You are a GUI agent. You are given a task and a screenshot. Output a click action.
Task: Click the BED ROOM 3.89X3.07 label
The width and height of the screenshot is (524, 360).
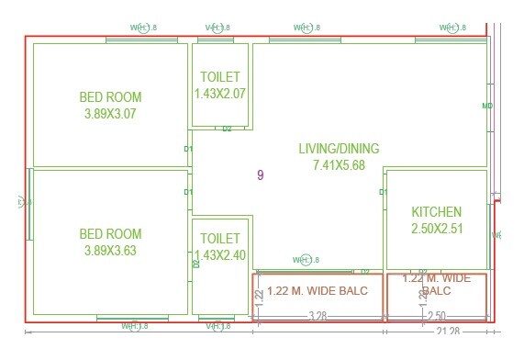point(109,106)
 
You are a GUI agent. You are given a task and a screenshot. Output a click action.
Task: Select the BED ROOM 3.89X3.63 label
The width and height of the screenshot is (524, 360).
point(109,242)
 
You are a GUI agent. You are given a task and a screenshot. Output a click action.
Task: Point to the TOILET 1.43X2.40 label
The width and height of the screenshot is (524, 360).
point(220,247)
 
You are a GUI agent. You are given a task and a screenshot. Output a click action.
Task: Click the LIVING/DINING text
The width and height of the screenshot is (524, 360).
point(339,149)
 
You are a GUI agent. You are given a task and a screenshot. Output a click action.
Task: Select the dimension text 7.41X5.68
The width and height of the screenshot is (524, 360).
point(340,165)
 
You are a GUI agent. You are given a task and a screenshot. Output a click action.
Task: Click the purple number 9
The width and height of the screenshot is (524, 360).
point(261,175)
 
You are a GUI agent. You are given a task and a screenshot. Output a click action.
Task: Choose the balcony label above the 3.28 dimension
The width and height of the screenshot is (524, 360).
point(318,291)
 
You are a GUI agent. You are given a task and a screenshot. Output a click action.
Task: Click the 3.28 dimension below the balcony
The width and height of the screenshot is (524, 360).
point(318,316)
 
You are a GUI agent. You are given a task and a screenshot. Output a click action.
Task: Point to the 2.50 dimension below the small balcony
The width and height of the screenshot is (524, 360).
point(436,316)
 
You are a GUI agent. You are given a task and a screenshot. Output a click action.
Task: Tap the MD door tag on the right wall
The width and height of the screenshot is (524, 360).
point(487,106)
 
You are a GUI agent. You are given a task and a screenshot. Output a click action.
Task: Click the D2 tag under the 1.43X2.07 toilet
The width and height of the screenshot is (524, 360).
point(227,129)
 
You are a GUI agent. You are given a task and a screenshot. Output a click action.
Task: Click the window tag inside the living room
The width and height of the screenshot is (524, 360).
point(307,261)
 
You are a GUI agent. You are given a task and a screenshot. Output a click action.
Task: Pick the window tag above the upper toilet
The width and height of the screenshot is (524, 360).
point(217,28)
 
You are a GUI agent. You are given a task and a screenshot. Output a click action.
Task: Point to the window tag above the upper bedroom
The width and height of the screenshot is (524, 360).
point(139,28)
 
